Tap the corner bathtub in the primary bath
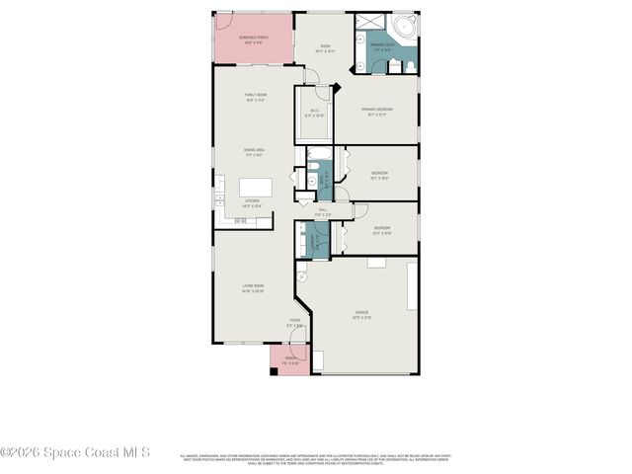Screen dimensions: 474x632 tap(404, 28)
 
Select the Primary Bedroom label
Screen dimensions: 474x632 tap(378, 111)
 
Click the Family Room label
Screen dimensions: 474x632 tap(254, 98)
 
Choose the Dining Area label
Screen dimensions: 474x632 tap(254, 152)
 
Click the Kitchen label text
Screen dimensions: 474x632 tap(253, 202)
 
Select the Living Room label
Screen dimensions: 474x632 tap(254, 288)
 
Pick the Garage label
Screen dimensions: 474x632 tap(361, 315)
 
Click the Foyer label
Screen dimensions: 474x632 tap(294, 323)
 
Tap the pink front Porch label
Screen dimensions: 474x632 tap(291, 359)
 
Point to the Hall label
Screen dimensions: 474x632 tap(323, 211)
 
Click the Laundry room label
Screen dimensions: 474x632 tap(310, 241)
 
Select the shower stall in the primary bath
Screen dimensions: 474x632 tap(366, 26)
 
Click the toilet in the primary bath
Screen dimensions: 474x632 tap(406, 65)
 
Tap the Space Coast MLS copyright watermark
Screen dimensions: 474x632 tap(75, 452)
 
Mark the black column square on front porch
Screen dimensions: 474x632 tap(274, 369)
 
